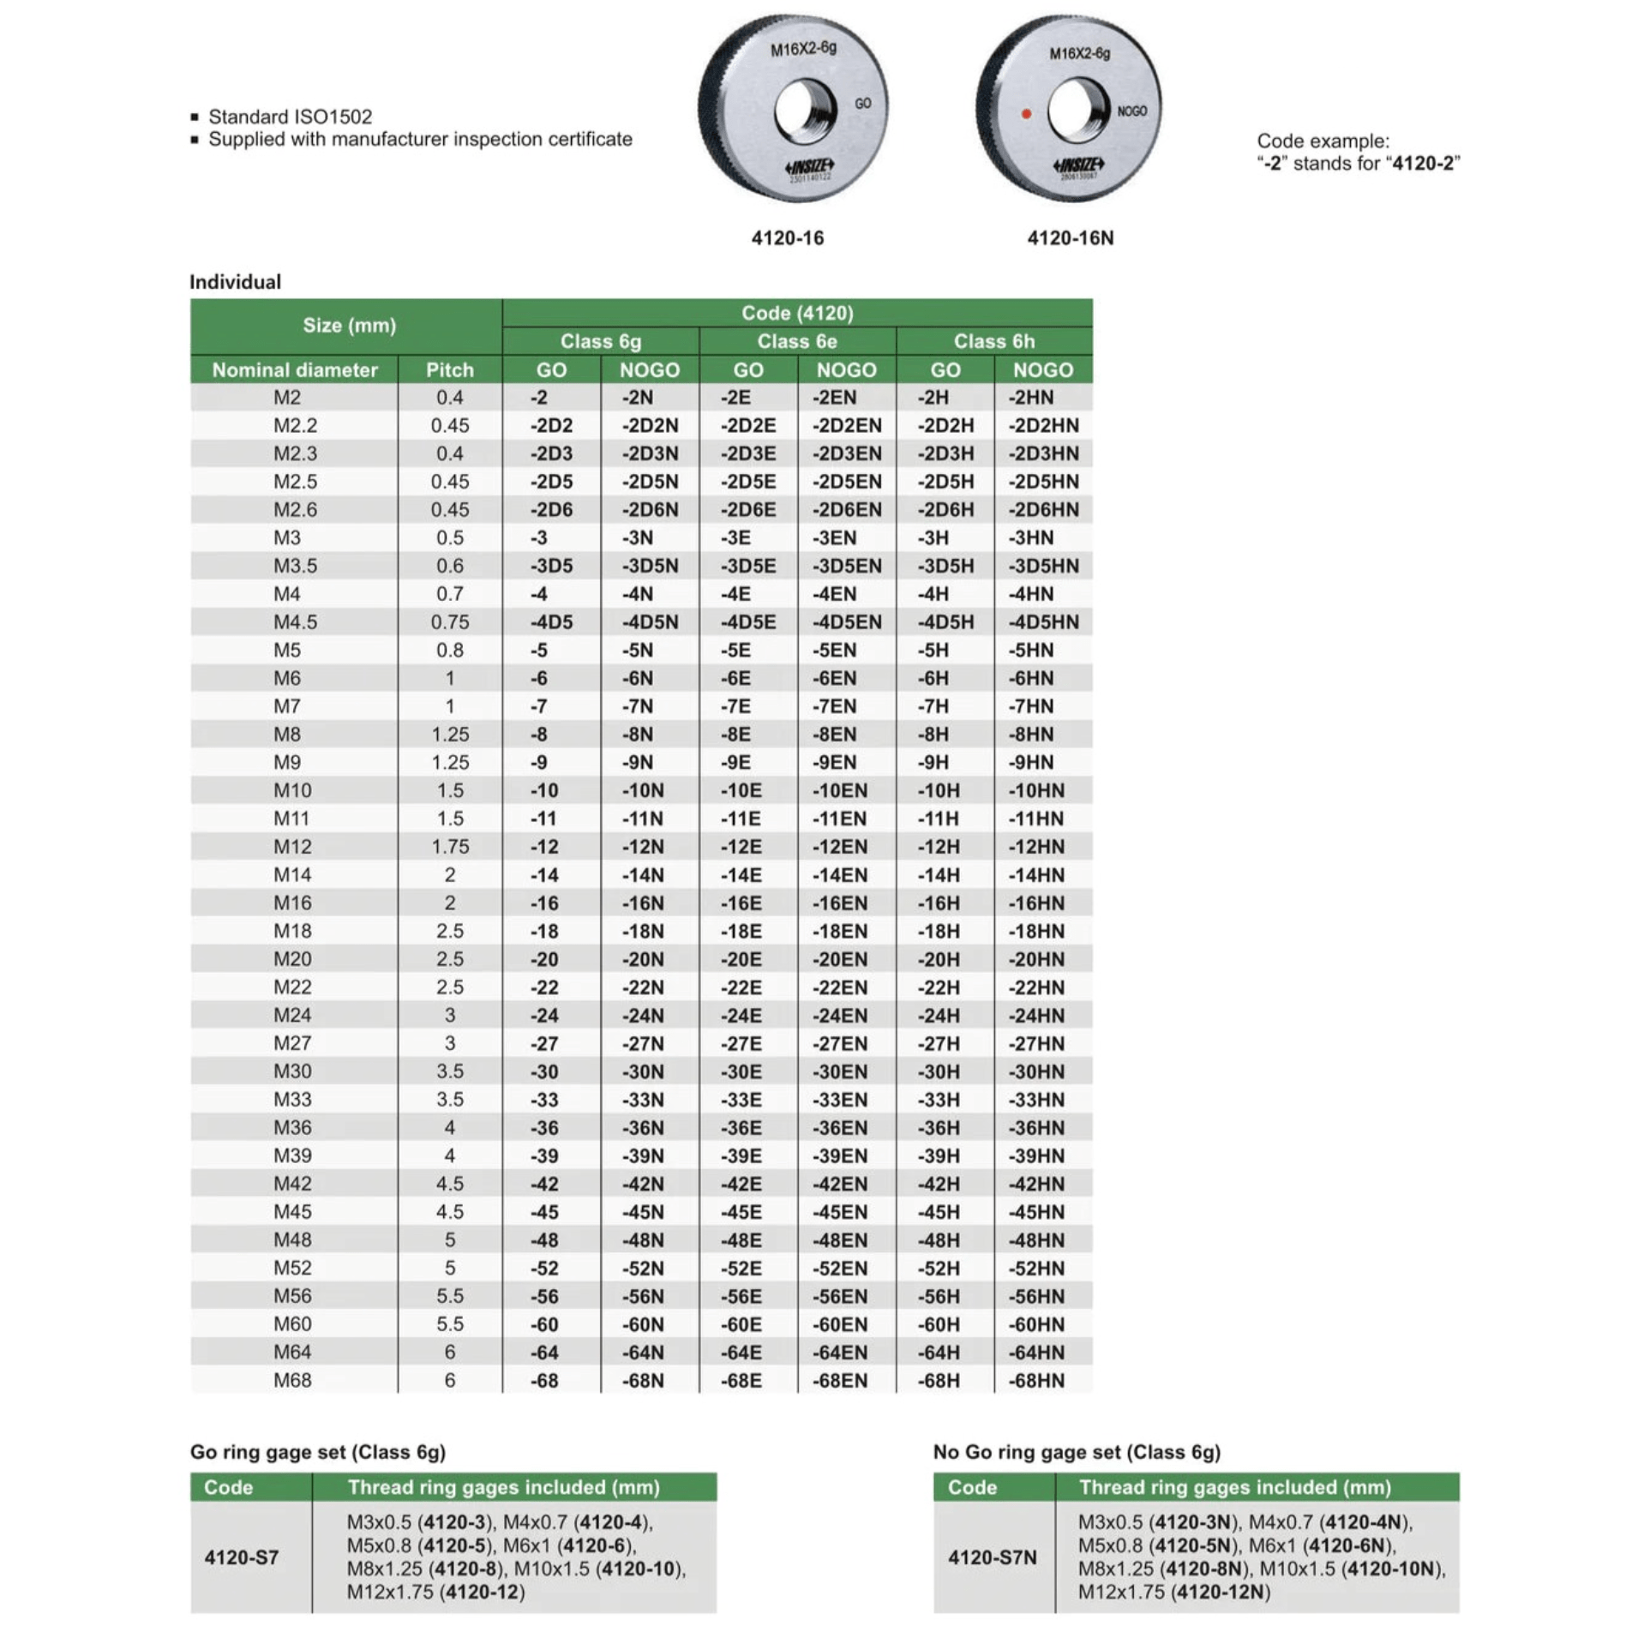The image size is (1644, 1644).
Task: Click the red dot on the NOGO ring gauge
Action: (1026, 114)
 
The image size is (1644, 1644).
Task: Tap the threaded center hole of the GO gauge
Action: (805, 111)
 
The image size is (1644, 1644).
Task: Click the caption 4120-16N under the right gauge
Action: (1070, 238)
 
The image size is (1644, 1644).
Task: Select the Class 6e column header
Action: (796, 341)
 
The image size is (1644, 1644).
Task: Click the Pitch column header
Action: (449, 369)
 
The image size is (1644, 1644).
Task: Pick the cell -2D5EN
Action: (846, 482)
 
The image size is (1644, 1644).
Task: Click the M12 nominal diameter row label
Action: (292, 847)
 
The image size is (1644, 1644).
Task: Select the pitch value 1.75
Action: (449, 847)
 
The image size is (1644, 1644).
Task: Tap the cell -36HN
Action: (1035, 1128)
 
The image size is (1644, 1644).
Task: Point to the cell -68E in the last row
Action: (741, 1381)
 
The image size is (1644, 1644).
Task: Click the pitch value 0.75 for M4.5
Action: (449, 622)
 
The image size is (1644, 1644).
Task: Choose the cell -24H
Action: (939, 1016)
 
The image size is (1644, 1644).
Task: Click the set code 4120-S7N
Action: (992, 1557)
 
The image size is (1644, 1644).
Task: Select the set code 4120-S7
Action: (241, 1557)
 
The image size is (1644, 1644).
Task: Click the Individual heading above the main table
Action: (235, 282)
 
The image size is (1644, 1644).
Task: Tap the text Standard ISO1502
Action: (290, 117)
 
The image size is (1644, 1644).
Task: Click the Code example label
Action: (1323, 141)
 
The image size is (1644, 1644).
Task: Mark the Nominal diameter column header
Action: (294, 369)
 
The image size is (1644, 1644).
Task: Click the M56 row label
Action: (292, 1296)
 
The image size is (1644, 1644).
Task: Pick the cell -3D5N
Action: (650, 566)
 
